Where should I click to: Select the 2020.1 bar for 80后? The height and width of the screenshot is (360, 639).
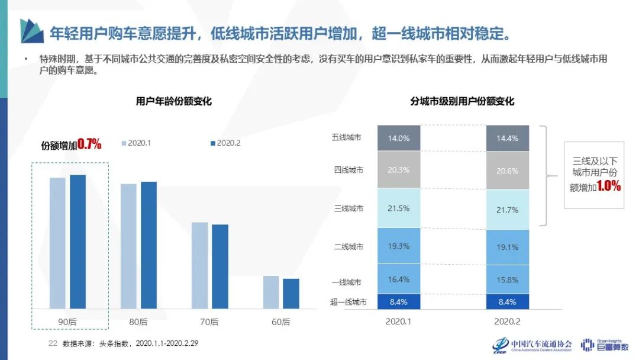click(128, 246)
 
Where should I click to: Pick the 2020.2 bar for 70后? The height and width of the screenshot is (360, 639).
click(220, 266)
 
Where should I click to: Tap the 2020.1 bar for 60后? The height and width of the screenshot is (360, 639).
click(271, 292)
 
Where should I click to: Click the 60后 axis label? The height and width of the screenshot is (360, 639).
click(281, 322)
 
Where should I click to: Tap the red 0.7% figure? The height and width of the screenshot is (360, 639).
click(89, 144)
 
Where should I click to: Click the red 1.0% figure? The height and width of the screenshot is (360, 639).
click(608, 186)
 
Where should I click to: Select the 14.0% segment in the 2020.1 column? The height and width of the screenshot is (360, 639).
click(399, 138)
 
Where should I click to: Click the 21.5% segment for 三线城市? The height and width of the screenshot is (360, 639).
click(399, 208)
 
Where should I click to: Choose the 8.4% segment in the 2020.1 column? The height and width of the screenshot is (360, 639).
click(399, 302)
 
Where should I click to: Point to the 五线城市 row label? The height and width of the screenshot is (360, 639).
click(347, 138)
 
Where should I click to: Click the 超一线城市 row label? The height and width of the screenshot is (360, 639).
click(348, 302)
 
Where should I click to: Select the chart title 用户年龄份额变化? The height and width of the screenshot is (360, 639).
click(173, 101)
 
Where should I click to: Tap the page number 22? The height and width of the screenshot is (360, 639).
click(52, 343)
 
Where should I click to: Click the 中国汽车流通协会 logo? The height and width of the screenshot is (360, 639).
click(532, 345)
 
